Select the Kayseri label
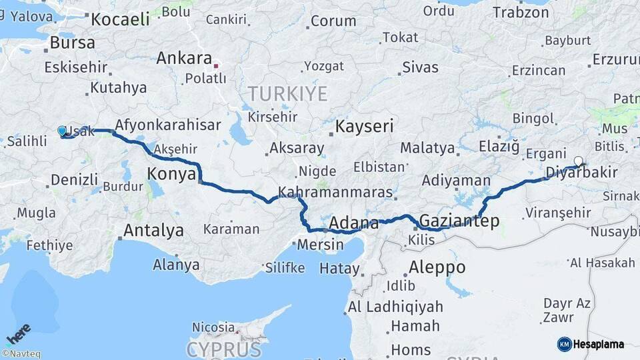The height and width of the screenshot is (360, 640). [364, 126]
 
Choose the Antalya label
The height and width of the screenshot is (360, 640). [153, 231]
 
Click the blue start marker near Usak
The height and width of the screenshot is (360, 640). [62, 131]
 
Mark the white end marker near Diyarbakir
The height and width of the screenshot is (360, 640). [578, 161]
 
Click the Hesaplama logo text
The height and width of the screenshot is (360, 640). [598, 344]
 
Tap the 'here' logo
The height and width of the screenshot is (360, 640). [18, 333]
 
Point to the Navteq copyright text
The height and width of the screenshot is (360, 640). [21, 354]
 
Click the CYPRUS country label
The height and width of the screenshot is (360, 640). [223, 349]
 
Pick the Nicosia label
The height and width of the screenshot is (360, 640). [213, 327]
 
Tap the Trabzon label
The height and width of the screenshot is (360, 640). [521, 12]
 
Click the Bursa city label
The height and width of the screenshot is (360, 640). [72, 43]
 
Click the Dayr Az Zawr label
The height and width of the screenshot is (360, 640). [566, 310]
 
